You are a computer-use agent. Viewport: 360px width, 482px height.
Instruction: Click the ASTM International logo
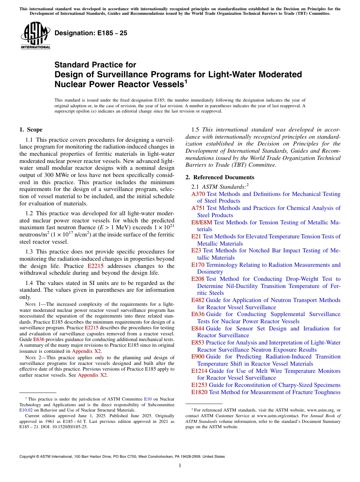35,36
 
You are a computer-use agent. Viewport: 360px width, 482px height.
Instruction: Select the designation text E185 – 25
91,33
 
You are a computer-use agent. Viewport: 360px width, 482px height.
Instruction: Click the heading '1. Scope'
31,130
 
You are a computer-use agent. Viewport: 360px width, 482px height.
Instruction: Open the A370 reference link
198,194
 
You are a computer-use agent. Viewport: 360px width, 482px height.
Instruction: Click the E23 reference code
197,250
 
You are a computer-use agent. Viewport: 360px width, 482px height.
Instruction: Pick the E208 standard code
198,279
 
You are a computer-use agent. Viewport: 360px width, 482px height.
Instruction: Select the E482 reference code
198,300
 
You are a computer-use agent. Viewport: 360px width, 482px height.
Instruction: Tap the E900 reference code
198,357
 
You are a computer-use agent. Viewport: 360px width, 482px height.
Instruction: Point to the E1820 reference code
199,392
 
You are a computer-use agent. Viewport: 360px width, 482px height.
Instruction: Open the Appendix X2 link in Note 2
92,375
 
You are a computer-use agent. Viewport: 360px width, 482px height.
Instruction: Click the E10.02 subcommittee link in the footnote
26,410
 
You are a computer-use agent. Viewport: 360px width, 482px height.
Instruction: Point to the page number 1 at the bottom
180,466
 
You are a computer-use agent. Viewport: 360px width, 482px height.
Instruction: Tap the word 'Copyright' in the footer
29,457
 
